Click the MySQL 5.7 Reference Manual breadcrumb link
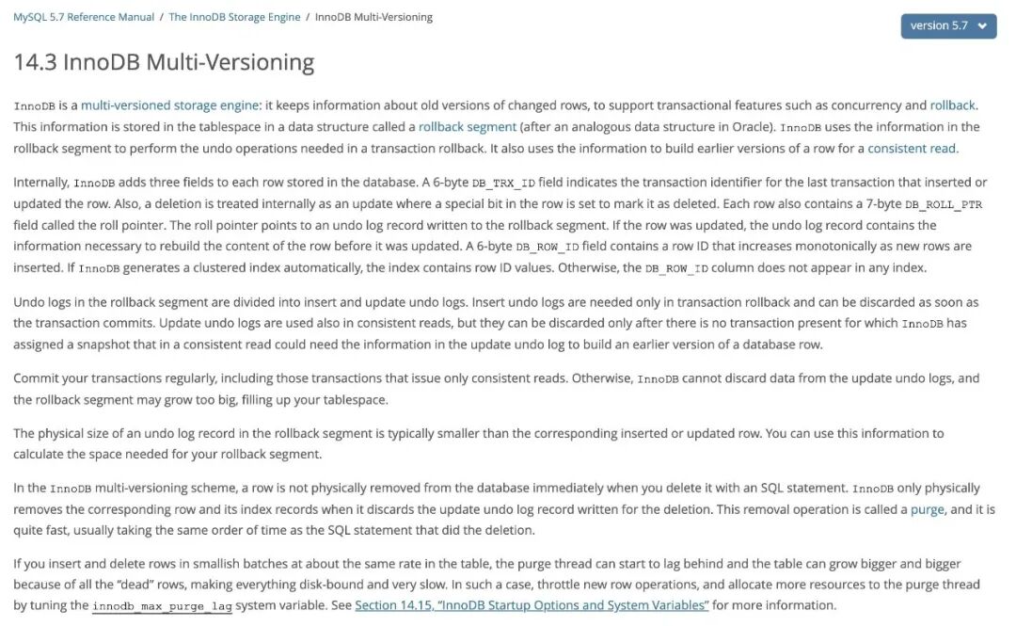pos(84,17)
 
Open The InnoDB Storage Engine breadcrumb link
pos(234,17)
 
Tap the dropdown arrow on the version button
pos(982,26)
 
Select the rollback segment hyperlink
pos(468,127)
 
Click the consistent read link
pos(912,149)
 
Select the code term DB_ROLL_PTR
pos(944,204)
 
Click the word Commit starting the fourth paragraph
pos(36,378)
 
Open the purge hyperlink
pos(928,509)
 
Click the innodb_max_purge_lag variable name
pos(162,606)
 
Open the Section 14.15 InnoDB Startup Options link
pos(532,605)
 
